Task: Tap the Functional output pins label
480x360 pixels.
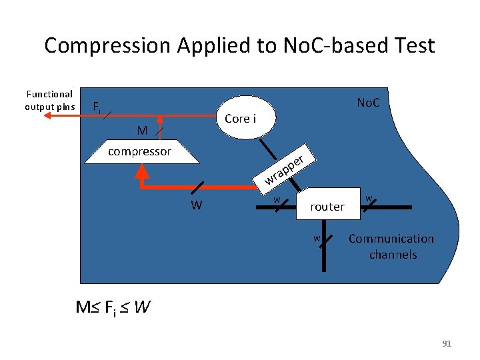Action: coord(49,100)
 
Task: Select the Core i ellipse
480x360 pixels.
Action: coord(241,119)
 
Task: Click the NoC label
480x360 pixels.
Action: coord(368,103)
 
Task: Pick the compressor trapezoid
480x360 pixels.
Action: coord(140,151)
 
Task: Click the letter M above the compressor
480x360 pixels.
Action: coord(141,129)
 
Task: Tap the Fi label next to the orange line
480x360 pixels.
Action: coord(97,107)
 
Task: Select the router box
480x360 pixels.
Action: coord(327,207)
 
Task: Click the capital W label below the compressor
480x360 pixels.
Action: coord(196,205)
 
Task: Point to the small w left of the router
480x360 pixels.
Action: coord(276,199)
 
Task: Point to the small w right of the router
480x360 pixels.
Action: coord(369,198)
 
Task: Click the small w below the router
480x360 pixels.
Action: coord(318,238)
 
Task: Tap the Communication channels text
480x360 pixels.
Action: coord(391,246)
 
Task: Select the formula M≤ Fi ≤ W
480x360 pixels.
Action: coord(113,307)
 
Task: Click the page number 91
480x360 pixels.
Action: coord(447,344)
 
